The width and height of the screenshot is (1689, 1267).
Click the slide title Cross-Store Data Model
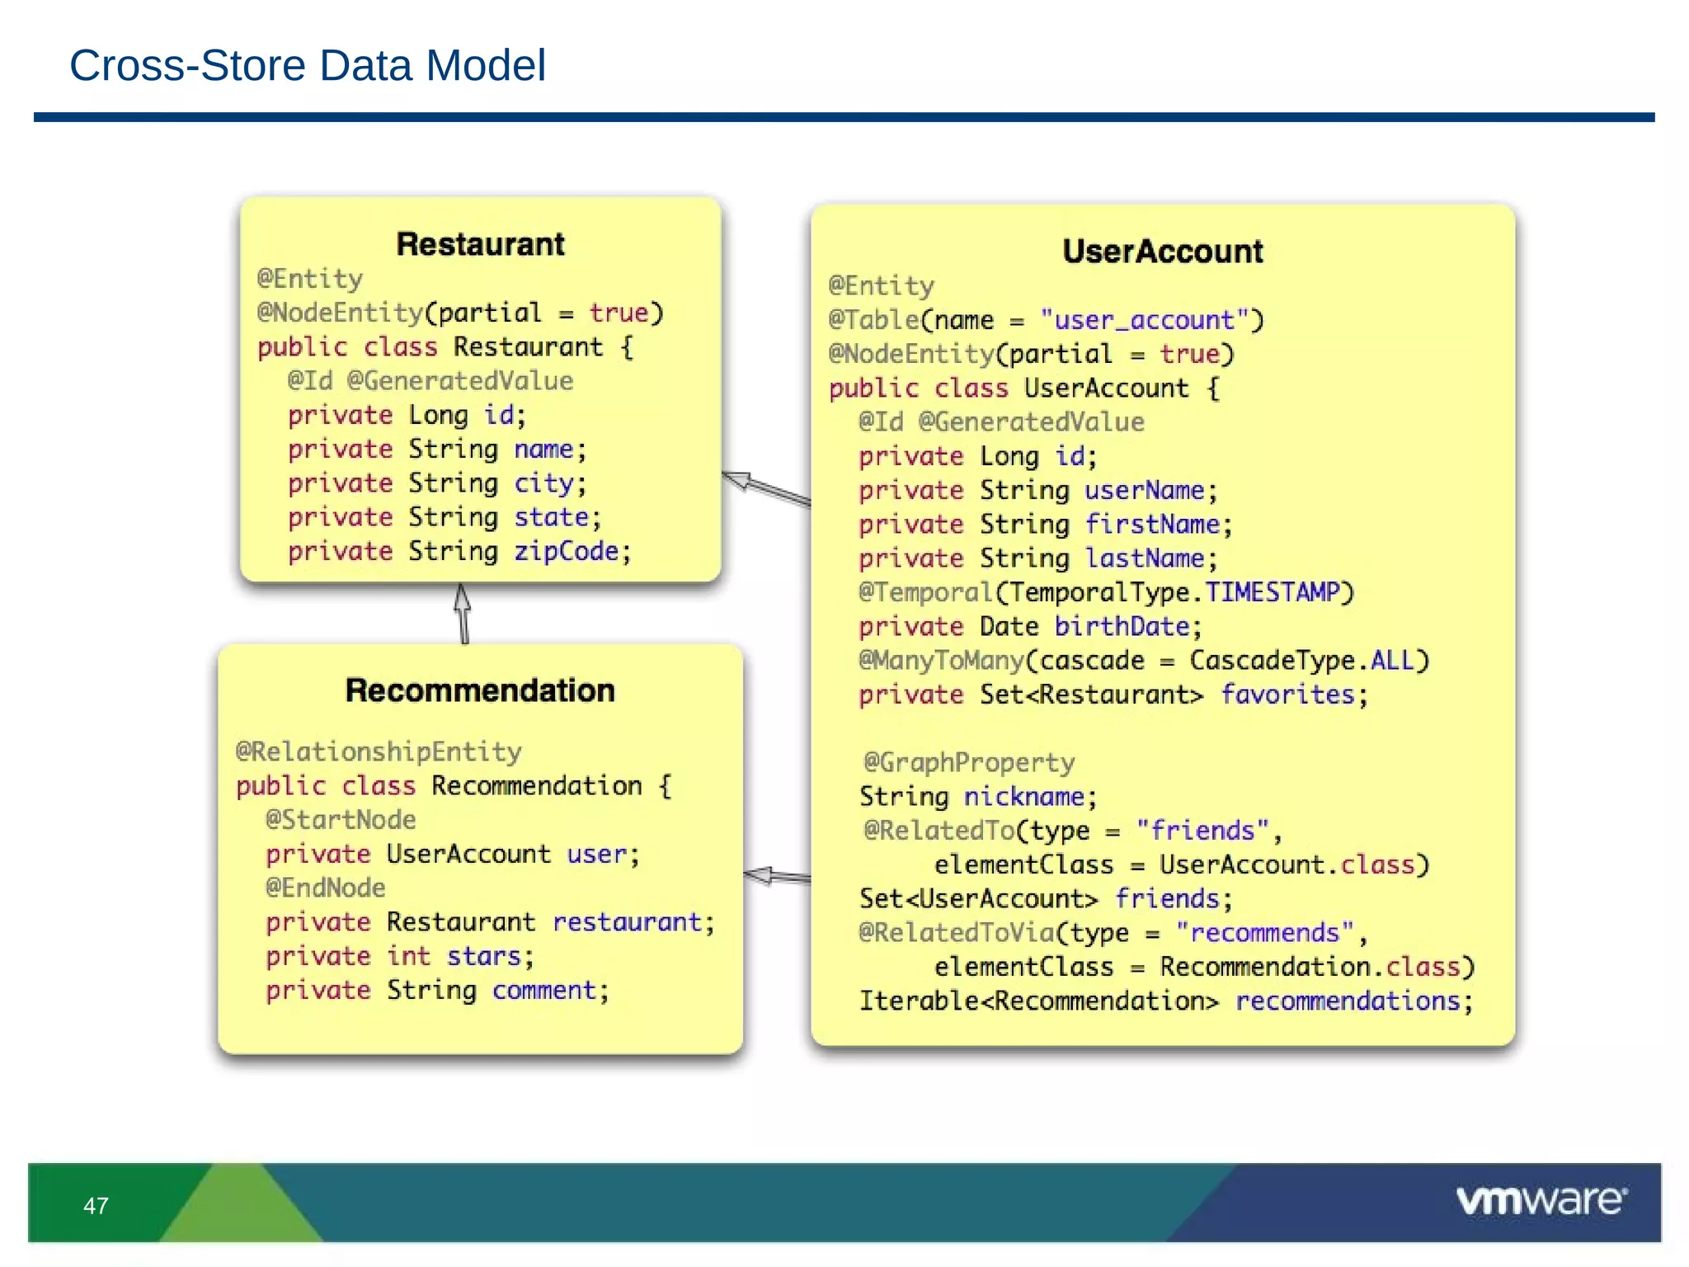click(x=307, y=65)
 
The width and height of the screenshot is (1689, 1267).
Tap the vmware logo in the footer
click(x=1540, y=1200)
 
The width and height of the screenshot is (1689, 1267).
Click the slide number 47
click(x=96, y=1206)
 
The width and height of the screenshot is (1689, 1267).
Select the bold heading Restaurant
click(x=480, y=244)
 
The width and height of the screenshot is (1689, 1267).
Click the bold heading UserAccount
click(x=1162, y=252)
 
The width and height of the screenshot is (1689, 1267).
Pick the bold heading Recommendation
click(x=480, y=690)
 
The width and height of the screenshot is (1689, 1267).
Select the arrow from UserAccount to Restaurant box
click(x=766, y=488)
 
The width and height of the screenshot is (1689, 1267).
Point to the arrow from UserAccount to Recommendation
click(x=777, y=876)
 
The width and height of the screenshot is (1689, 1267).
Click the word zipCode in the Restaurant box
click(x=566, y=551)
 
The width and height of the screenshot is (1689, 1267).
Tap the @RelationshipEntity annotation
click(x=379, y=751)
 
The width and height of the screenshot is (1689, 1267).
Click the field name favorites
click(x=1287, y=695)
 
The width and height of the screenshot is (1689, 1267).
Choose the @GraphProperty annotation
click(x=969, y=762)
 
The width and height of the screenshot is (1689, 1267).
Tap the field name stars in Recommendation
click(x=484, y=956)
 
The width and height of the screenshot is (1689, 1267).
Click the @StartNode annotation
click(x=341, y=820)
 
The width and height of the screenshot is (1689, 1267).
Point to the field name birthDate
click(x=1122, y=627)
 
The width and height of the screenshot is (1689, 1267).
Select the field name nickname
click(x=1023, y=797)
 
